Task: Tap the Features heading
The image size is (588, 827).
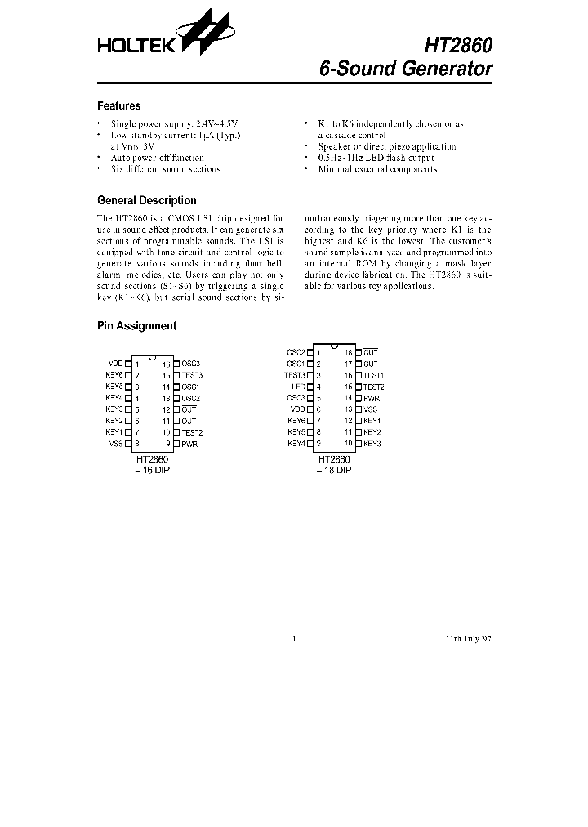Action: tap(118, 106)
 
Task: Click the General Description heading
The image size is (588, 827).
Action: tap(146, 200)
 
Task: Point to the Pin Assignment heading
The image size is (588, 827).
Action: tap(136, 326)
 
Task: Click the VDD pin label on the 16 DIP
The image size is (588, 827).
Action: tap(115, 364)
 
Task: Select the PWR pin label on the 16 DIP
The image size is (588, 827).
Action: tap(189, 444)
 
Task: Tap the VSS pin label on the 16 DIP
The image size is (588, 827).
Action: tap(115, 444)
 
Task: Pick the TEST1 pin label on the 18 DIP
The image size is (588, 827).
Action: tap(373, 375)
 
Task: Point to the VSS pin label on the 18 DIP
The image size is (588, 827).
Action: tap(370, 409)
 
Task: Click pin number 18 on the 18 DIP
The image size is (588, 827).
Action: tap(348, 352)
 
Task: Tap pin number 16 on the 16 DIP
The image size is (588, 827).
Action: tap(166, 364)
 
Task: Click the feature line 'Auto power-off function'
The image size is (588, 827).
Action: tap(158, 158)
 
